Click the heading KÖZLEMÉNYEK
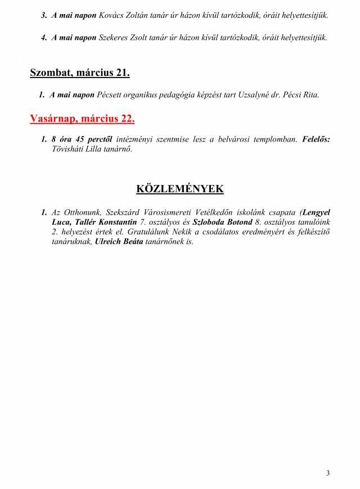point(180,189)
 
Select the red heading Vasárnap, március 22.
point(82,119)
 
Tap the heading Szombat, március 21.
point(80,73)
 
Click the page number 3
point(328,473)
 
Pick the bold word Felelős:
point(316,138)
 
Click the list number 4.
point(43,38)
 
